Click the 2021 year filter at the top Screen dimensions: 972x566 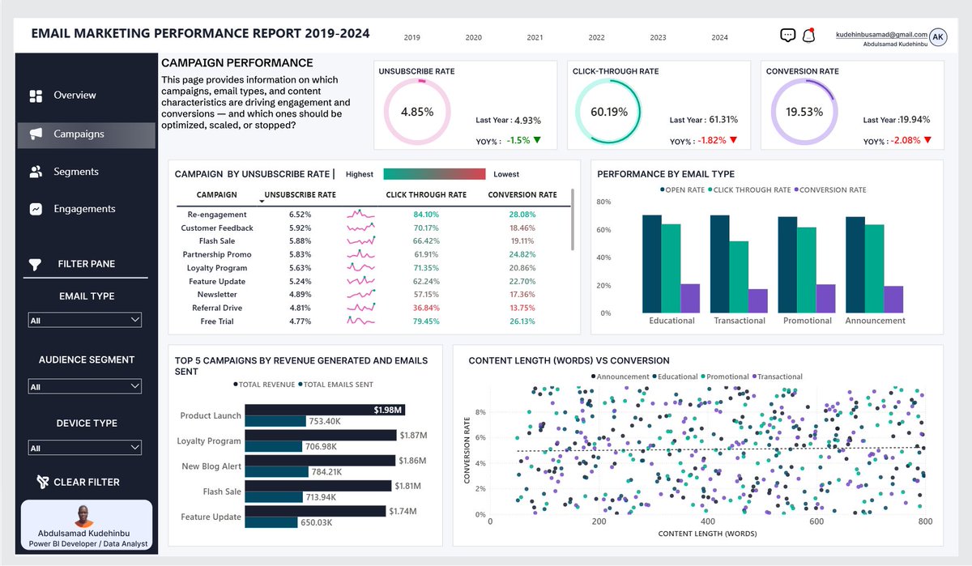point(535,38)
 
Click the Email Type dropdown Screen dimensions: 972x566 point(84,320)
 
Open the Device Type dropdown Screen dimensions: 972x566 point(84,448)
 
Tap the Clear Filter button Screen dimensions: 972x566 point(79,482)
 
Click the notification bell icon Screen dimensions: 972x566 point(808,35)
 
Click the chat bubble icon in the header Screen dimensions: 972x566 point(787,35)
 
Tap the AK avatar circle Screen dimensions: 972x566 point(938,37)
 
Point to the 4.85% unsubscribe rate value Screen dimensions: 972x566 point(417,112)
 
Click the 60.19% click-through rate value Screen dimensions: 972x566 point(609,112)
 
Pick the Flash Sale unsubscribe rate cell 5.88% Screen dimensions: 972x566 point(300,241)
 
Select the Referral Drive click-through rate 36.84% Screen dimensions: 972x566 point(426,308)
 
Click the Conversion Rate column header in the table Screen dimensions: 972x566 point(522,194)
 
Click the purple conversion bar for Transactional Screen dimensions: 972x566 point(757,301)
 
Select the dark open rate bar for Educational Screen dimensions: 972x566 point(652,264)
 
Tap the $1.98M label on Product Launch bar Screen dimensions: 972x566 point(387,410)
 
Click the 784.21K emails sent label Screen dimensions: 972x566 point(326,472)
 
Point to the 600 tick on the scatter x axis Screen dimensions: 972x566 point(816,521)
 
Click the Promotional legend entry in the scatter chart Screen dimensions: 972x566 point(725,377)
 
